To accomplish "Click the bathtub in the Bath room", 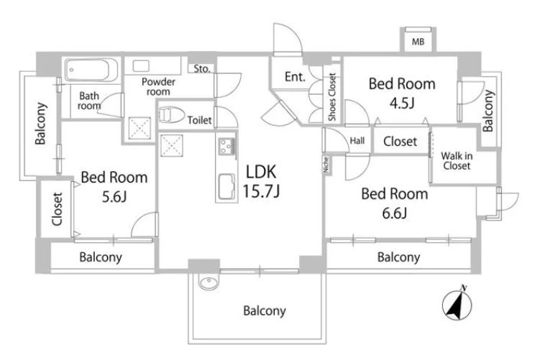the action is point(91,70).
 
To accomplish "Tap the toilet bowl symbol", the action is point(172,114).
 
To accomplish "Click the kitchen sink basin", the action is point(226,186).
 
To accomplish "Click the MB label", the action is point(418,42).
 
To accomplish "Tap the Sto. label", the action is point(202,69).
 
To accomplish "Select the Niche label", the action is point(326,165).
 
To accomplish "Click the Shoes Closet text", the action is point(332,97).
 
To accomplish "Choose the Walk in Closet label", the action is point(457,161).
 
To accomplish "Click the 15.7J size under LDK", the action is point(261,191).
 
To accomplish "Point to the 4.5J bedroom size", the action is point(402,103).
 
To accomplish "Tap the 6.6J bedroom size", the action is point(395,213).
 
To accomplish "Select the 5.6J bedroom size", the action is point(114,196).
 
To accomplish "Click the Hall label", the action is point(357,141).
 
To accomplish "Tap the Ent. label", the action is point(295,77).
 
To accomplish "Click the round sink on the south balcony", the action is point(209,282).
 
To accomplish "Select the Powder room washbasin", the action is point(141,65).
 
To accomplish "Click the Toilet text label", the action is point(199,120).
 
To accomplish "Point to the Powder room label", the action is point(158,87).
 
